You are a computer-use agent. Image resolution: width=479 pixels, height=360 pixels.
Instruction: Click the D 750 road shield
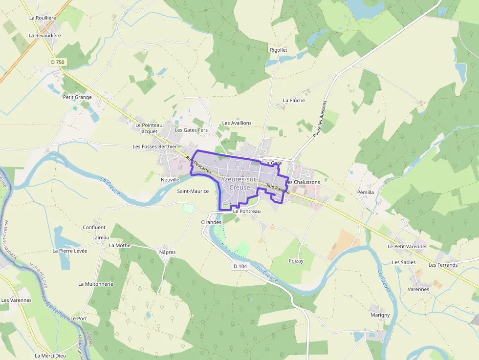tap(57, 62)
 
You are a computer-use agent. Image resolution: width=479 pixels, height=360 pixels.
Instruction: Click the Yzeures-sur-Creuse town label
tap(239, 183)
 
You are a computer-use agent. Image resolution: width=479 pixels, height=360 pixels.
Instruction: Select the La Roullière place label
tap(43, 18)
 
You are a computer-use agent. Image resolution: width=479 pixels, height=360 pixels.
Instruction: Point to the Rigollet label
tap(279, 50)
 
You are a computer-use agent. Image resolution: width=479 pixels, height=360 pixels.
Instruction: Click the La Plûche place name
tap(294, 100)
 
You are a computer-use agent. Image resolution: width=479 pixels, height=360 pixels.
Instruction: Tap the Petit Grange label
tap(77, 97)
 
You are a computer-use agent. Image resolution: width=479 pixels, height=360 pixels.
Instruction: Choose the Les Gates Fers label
tap(191, 130)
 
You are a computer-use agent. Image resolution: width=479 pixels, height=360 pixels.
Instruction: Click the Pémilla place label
tap(365, 192)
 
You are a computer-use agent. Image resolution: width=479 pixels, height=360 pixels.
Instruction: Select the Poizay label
tap(296, 261)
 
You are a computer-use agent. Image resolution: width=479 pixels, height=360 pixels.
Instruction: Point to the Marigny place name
tap(380, 315)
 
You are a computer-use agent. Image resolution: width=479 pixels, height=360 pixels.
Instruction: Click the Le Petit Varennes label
tap(407, 247)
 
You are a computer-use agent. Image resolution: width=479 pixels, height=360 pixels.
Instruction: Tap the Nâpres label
tap(167, 252)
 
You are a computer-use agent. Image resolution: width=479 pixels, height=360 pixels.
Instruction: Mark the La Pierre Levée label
tap(70, 251)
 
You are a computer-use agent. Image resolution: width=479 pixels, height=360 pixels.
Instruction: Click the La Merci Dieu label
tap(50, 356)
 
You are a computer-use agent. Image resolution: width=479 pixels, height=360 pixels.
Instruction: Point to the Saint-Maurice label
tap(193, 191)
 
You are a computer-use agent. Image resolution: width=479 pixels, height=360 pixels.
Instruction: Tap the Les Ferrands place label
tap(443, 265)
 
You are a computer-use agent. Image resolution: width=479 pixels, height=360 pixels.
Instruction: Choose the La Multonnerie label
tap(96, 284)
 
